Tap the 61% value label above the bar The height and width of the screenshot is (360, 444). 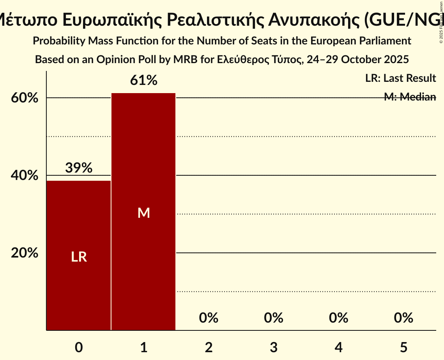click(143, 81)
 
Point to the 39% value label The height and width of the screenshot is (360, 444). click(79, 168)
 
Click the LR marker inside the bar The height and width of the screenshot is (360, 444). click(79, 257)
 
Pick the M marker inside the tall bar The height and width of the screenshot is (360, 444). click(143, 213)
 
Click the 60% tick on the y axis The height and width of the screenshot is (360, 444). click(25, 98)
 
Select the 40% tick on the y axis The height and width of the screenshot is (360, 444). click(25, 176)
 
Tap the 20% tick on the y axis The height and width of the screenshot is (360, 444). click(25, 253)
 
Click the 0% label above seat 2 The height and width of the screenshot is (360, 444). click(209, 318)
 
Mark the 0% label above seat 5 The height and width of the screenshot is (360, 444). click(403, 318)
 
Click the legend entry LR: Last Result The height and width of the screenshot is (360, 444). click(400, 78)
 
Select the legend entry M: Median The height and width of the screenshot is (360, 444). click(410, 97)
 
